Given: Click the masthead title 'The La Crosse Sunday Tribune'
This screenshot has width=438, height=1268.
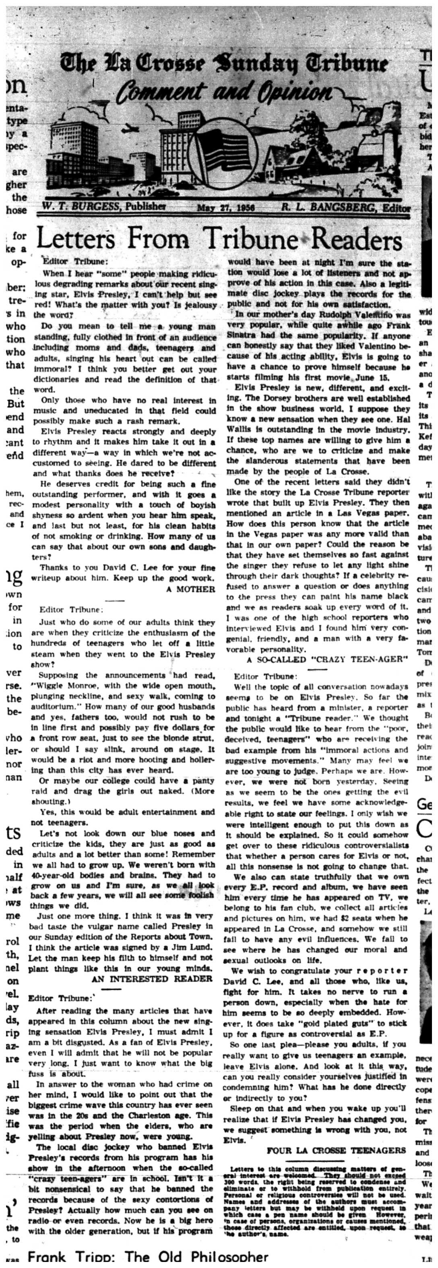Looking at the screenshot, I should click(x=224, y=64).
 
